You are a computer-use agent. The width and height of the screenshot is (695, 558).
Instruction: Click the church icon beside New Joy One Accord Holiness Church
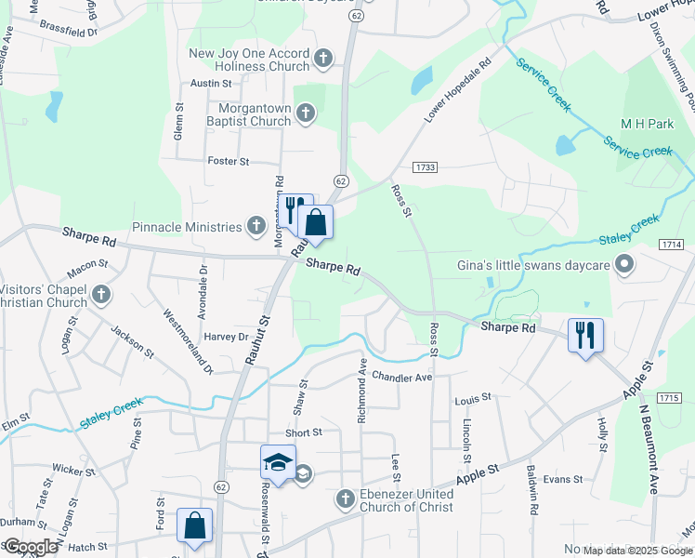coord(322,60)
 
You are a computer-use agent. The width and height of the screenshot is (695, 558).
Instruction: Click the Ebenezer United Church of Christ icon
coord(345,500)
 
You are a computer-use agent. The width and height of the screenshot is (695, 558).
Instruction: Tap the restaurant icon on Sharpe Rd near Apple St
coord(585,335)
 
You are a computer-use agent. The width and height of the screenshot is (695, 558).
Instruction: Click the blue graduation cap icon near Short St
coord(278,460)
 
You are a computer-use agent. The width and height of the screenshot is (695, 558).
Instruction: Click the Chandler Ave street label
coord(402,377)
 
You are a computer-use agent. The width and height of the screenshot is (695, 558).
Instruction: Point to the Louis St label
coord(472,400)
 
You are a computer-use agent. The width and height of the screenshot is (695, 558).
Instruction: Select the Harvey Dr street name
coord(227,337)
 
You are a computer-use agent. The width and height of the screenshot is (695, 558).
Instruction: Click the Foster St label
coord(229,161)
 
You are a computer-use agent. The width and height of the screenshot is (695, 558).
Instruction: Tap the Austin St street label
coord(203,83)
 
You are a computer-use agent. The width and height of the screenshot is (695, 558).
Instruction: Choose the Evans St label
coord(562,480)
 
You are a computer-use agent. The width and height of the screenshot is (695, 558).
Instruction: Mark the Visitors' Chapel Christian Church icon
coord(102,296)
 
